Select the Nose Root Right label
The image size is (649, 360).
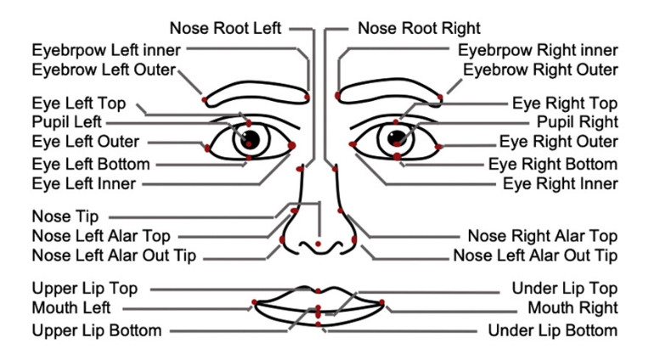click(x=419, y=28)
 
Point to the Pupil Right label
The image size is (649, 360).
click(x=578, y=122)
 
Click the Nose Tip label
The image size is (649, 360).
click(x=65, y=217)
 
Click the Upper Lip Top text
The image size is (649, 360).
click(x=85, y=290)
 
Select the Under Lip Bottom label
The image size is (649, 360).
click(x=552, y=329)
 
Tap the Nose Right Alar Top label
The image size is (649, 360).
click(x=542, y=236)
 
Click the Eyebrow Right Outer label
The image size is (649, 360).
click(x=540, y=70)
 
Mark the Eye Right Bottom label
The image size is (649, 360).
click(x=553, y=164)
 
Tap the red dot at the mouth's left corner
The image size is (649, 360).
click(x=254, y=302)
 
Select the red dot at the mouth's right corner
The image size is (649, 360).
click(x=382, y=301)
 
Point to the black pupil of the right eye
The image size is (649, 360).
click(x=395, y=138)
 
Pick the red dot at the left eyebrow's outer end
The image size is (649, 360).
click(x=205, y=100)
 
